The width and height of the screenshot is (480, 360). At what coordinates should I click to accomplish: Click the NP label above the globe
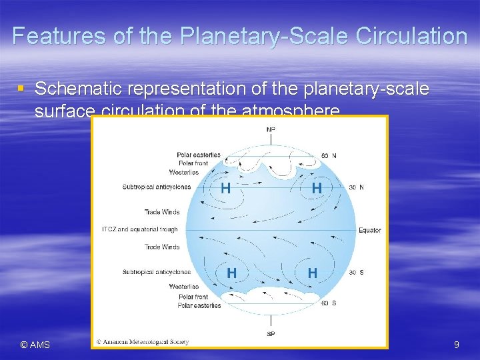tap(271, 129)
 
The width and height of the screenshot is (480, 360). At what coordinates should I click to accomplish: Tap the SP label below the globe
tap(271, 333)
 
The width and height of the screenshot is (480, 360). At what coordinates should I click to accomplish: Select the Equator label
tap(370, 230)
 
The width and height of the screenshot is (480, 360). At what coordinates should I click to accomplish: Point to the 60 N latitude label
tap(329, 155)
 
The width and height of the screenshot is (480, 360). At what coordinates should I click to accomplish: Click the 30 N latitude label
tap(357, 187)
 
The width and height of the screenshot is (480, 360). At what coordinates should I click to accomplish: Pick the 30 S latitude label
tap(357, 272)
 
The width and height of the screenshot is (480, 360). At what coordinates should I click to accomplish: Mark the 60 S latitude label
tap(329, 303)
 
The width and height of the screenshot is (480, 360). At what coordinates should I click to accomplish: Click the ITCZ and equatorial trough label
tap(140, 230)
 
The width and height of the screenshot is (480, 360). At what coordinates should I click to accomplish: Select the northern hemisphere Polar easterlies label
tap(199, 155)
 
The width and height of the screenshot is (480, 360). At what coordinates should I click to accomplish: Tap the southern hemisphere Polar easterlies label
tap(199, 305)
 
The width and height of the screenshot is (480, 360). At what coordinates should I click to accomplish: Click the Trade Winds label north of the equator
tap(162, 213)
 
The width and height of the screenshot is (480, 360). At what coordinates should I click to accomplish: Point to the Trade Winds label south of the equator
tap(162, 247)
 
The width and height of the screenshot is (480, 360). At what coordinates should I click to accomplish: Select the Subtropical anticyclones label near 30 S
tap(157, 272)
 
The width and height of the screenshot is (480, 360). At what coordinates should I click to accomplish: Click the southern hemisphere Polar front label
tap(193, 297)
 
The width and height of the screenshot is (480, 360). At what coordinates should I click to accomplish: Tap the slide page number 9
tap(456, 345)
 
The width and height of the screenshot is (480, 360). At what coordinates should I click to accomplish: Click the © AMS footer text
tap(35, 345)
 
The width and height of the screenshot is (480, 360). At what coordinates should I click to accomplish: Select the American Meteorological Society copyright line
tap(143, 342)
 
